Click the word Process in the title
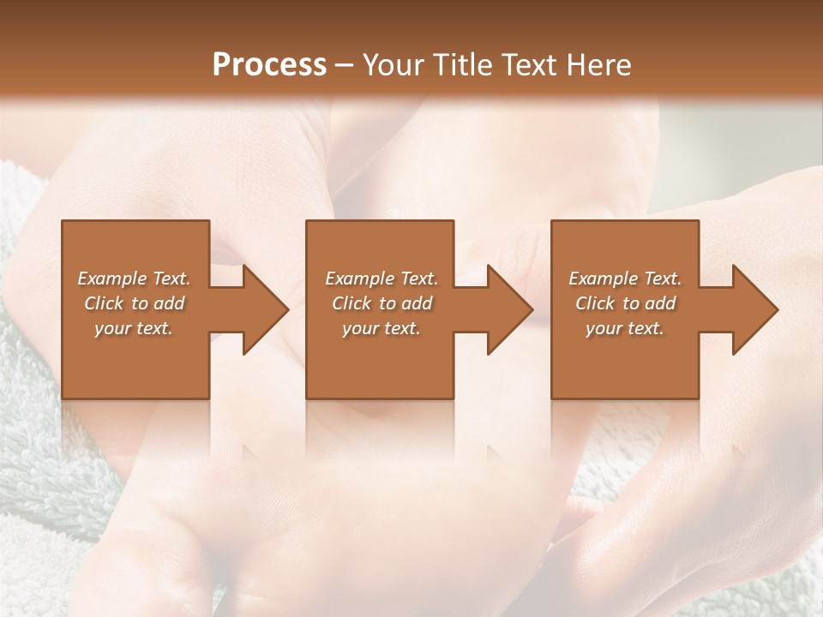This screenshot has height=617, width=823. click(269, 65)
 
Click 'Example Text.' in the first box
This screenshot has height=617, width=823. click(134, 279)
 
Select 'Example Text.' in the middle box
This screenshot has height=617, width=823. click(381, 279)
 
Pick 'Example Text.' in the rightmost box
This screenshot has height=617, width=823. click(625, 279)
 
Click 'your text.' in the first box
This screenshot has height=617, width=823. click(134, 328)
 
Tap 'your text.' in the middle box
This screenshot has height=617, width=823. click(381, 328)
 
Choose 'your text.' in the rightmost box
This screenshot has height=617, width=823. click(625, 328)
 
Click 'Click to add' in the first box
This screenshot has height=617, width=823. click(134, 303)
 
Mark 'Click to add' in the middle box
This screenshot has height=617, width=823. click(381, 303)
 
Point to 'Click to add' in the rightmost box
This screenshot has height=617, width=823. click(625, 303)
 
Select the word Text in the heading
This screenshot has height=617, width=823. click(528, 65)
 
